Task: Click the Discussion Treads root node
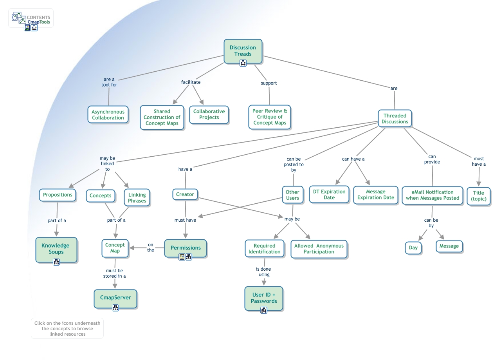[243, 51]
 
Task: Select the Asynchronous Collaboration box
[108, 115]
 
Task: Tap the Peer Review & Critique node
[270, 117]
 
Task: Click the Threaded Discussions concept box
[395, 119]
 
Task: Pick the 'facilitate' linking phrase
[191, 82]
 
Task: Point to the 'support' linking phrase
[269, 83]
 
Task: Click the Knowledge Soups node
[56, 249]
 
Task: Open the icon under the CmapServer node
[115, 308]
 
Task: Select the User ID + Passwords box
[264, 298]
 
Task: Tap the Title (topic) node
[478, 196]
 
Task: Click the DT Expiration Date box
[329, 195]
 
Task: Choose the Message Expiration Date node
[375, 195]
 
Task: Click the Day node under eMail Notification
[413, 248]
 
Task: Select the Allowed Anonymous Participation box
[319, 249]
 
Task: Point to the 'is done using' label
[263, 272]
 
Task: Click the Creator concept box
[185, 194]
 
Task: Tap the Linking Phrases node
[137, 198]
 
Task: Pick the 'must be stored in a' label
[115, 273]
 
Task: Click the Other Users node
[292, 195]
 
